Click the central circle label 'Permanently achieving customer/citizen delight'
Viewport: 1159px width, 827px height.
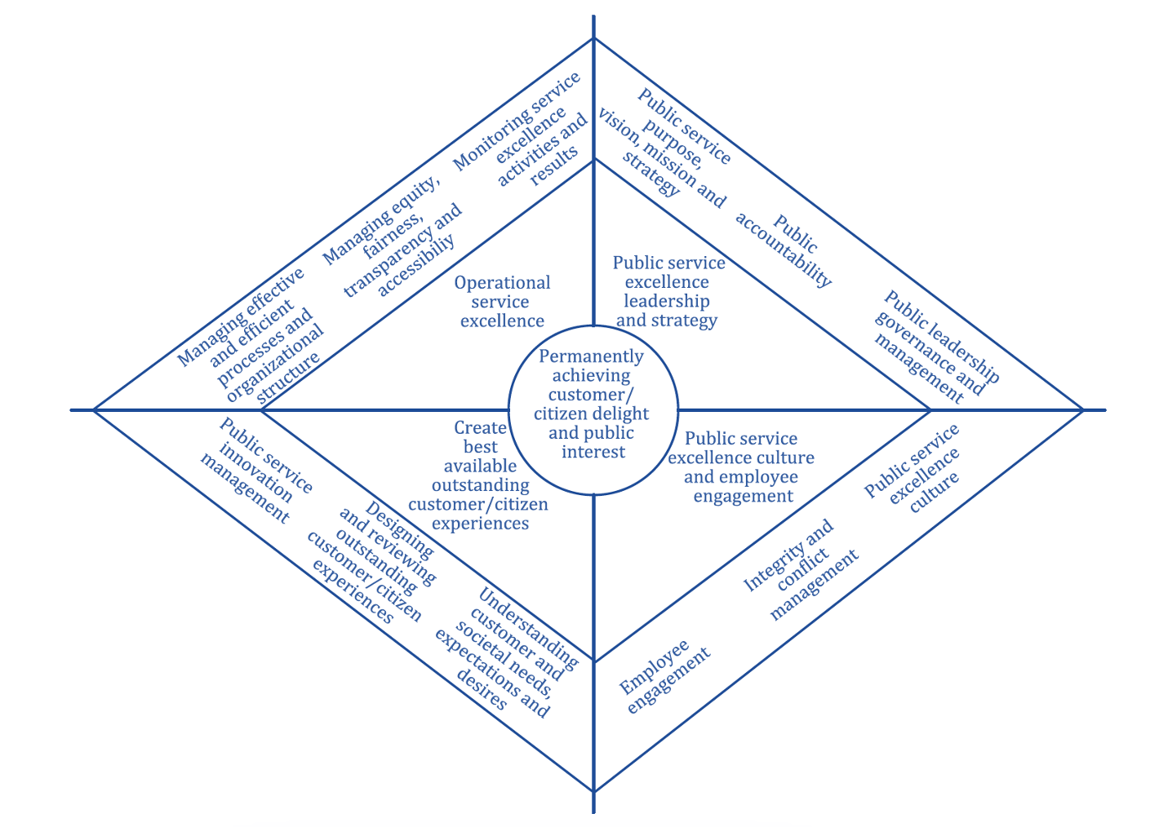pyautogui.click(x=593, y=404)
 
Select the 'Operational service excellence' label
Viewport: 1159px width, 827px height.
pyautogui.click(x=502, y=302)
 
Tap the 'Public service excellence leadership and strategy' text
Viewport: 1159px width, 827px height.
pyautogui.click(x=668, y=291)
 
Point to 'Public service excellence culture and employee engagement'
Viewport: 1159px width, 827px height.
pyautogui.click(x=742, y=467)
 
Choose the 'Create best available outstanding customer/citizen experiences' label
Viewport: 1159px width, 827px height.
pyautogui.click(x=480, y=475)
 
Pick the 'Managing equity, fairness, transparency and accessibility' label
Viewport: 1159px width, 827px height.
pyautogui.click(x=392, y=237)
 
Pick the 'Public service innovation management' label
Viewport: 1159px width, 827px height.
pyautogui.click(x=255, y=471)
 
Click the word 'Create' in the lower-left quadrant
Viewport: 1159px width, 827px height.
pyautogui.click(x=481, y=427)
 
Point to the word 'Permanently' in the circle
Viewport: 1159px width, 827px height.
pyautogui.click(x=592, y=356)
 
